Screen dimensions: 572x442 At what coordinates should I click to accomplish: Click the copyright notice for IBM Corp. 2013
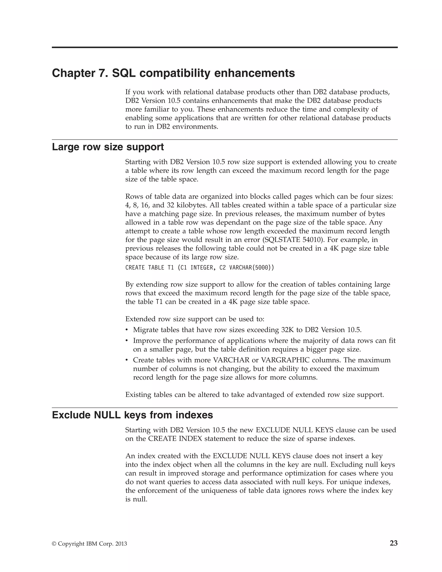[89, 544]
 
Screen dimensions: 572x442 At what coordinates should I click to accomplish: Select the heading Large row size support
[108, 147]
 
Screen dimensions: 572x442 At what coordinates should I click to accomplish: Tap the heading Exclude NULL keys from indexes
[132, 415]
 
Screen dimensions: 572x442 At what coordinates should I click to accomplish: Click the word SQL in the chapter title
[124, 73]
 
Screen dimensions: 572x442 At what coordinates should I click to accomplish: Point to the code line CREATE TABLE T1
[200, 268]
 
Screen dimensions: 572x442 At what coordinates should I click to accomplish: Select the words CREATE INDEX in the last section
[175, 439]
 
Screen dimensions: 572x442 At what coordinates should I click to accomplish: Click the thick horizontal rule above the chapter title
[225, 47]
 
